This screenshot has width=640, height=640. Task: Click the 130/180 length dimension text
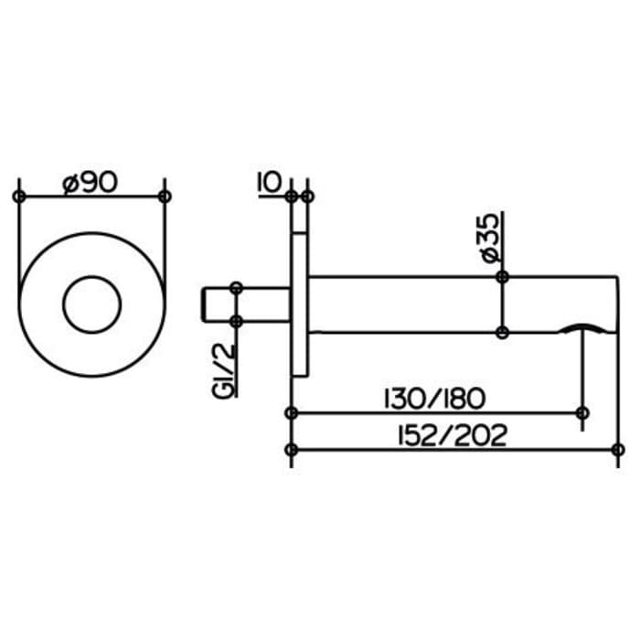(434, 400)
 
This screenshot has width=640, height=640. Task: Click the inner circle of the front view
(91, 304)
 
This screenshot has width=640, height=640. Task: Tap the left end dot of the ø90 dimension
(18, 197)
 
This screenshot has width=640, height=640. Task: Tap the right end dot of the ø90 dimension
(165, 197)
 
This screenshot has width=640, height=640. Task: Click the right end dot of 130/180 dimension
(582, 413)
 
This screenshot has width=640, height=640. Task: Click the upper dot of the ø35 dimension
(501, 277)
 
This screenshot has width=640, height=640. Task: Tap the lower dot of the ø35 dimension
(501, 331)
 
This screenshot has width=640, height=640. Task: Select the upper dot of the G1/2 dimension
(237, 287)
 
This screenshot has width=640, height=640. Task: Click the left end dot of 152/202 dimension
(291, 449)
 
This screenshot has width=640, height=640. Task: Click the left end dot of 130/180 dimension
(291, 413)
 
